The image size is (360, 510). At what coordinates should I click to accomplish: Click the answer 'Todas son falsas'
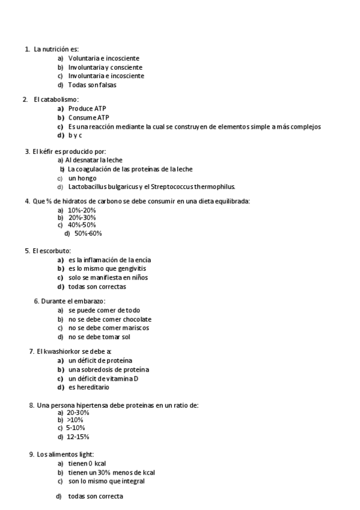click(92, 85)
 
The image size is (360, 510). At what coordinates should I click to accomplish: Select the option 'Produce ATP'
click(87, 108)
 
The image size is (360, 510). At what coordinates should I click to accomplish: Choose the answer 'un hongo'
click(82, 178)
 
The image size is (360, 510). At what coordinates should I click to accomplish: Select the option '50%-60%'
click(88, 233)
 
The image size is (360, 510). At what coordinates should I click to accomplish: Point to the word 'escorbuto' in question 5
click(56, 250)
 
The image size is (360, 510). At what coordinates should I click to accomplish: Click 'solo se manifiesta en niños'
click(108, 277)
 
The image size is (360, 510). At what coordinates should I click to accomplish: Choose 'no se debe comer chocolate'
click(109, 319)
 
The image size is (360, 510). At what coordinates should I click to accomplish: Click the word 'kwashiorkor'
click(64, 351)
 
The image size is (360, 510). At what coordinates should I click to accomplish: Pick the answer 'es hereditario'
click(89, 387)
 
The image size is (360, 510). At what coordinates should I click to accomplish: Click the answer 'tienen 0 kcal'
click(87, 464)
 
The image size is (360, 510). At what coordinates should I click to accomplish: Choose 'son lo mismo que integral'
click(106, 481)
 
